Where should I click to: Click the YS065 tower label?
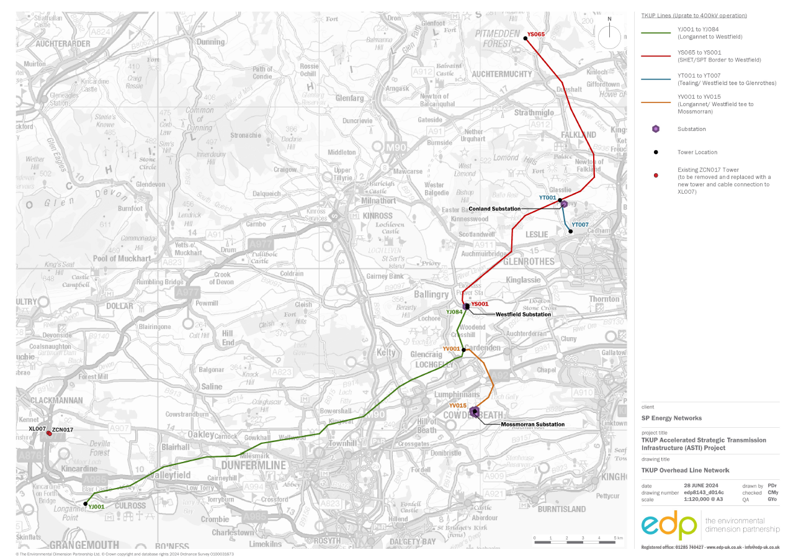pyautogui.click(x=535, y=35)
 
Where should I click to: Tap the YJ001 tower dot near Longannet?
pyautogui.click(x=85, y=504)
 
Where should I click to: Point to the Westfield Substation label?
pyautogui.click(x=523, y=315)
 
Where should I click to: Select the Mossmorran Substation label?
pyautogui.click(x=532, y=425)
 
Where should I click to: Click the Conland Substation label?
pyautogui.click(x=494, y=209)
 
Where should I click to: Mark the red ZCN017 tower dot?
pyautogui.click(x=49, y=433)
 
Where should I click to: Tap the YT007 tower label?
pyautogui.click(x=580, y=225)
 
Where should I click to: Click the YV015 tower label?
pyautogui.click(x=458, y=405)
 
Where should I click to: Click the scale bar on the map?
pyautogui.click(x=575, y=543)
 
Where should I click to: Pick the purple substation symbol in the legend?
pyautogui.click(x=656, y=129)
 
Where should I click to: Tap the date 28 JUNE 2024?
pyautogui.click(x=700, y=485)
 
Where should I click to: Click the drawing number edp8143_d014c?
pyautogui.click(x=704, y=492)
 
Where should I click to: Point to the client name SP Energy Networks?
pyautogui.click(x=671, y=418)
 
